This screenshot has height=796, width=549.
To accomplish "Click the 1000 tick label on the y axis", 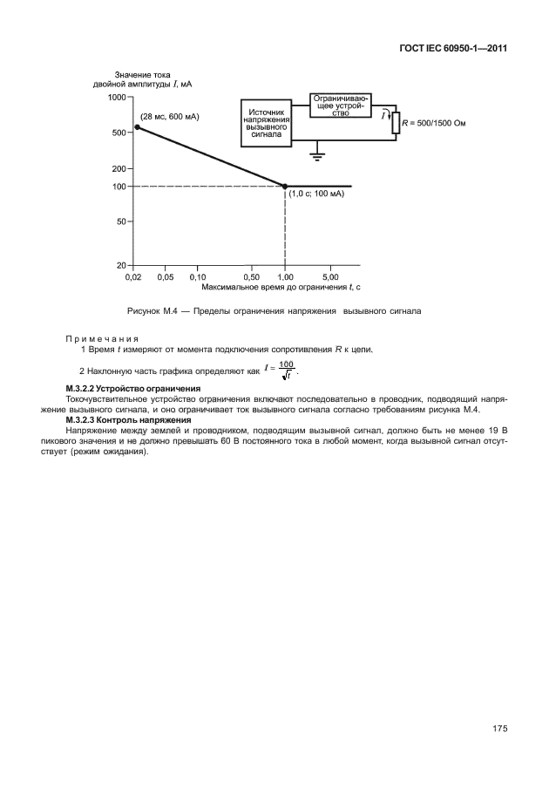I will (116, 98).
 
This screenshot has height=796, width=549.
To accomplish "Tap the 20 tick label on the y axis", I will (122, 264).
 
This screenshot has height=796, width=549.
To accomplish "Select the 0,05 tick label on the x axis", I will (165, 276).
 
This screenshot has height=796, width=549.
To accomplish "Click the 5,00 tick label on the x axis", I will (330, 276).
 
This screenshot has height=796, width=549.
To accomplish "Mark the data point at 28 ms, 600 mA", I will (137, 127).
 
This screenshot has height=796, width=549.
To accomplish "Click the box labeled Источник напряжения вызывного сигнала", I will (265, 124).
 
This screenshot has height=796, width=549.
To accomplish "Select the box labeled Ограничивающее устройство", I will (342, 106).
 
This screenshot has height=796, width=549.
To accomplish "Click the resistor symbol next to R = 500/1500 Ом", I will (395, 123).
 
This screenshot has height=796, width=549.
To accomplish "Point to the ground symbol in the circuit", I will (319, 155).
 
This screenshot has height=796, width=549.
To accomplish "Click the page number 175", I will (498, 729).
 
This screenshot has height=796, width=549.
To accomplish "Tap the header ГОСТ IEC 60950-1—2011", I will (447, 49).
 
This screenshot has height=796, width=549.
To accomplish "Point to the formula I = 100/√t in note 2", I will (281, 370).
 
